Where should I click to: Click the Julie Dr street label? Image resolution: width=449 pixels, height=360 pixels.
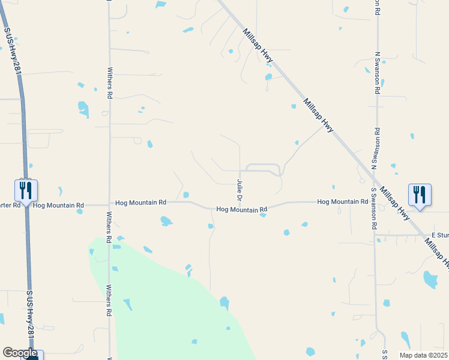click(240, 190)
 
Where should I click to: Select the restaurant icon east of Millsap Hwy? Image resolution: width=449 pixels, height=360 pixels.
click(419, 194)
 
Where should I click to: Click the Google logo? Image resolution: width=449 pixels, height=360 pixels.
click(19, 353)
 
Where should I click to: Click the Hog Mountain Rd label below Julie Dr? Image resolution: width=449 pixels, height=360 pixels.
click(241, 209)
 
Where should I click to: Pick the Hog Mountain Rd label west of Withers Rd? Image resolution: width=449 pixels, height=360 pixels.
click(58, 205)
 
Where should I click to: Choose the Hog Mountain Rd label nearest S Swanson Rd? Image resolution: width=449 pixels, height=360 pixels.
click(342, 202)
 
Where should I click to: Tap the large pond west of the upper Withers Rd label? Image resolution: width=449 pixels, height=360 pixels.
click(83, 109)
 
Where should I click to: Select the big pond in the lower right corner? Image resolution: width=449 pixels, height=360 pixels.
click(430, 279)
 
